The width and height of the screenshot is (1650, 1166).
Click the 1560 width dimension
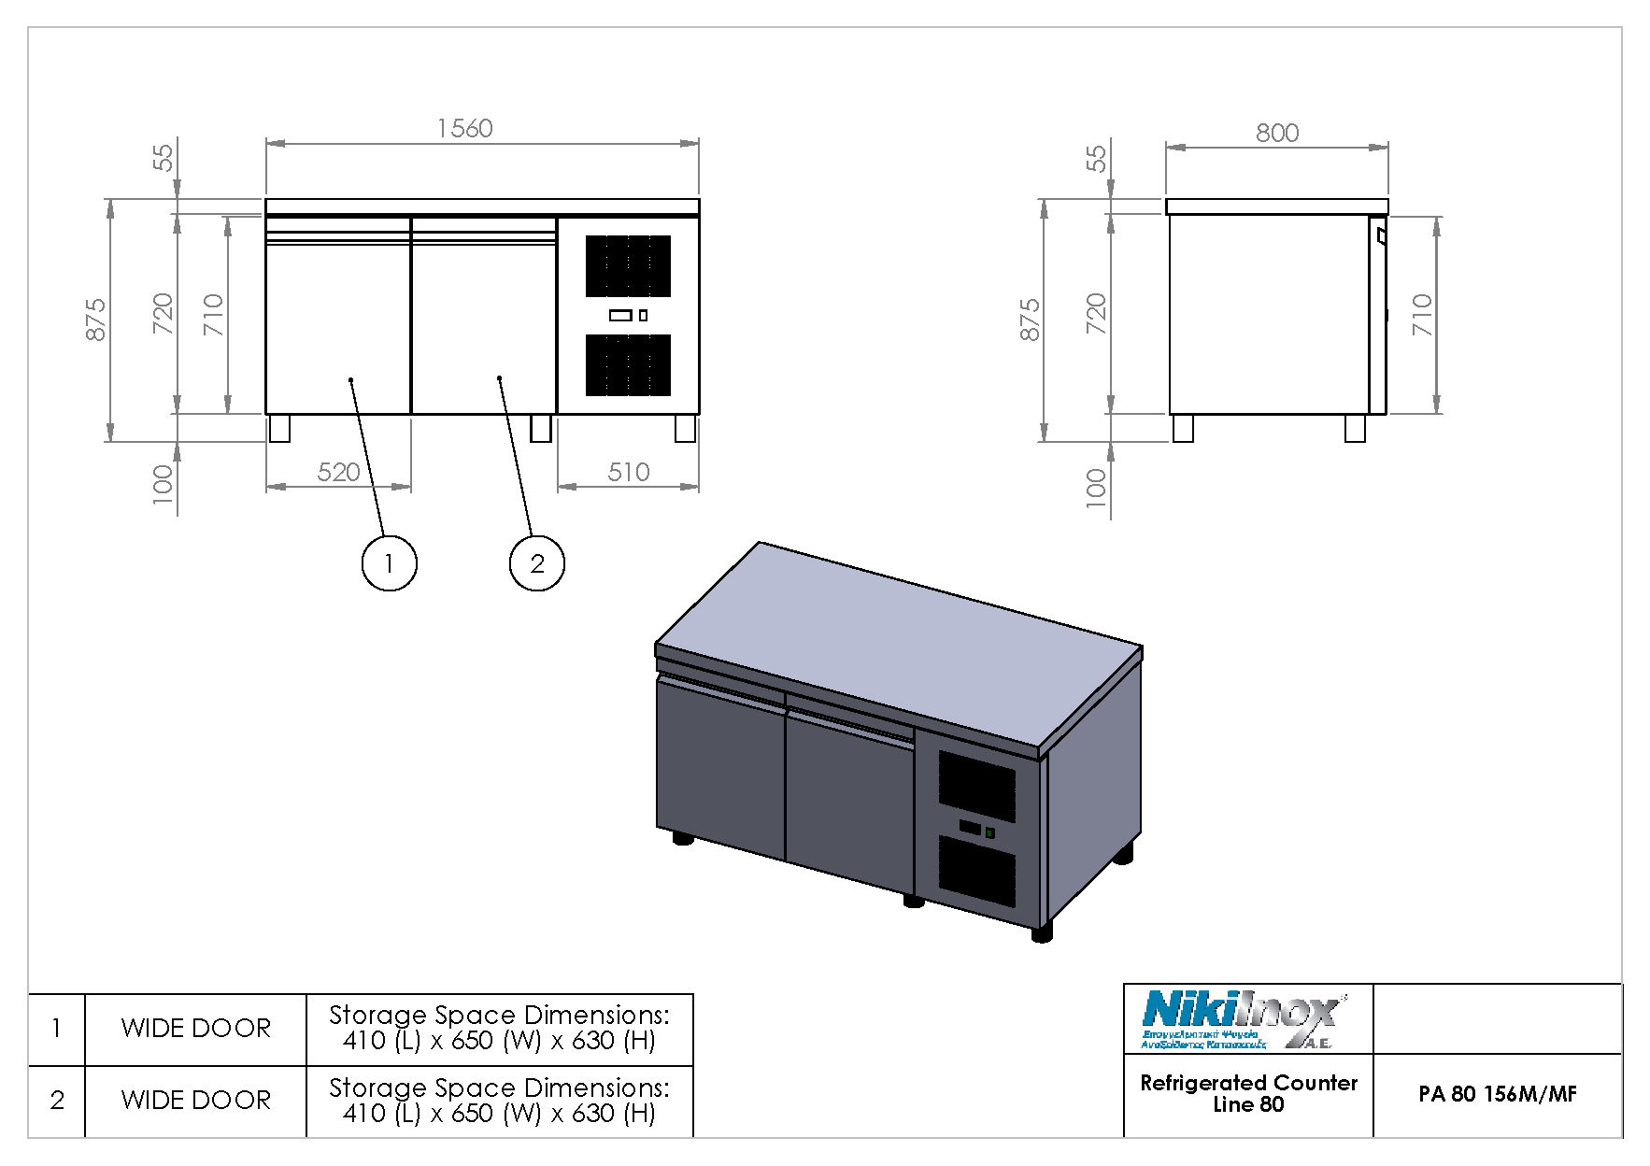click(464, 128)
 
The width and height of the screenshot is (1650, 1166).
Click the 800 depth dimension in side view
click(1276, 133)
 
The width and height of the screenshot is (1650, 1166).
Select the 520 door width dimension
click(338, 472)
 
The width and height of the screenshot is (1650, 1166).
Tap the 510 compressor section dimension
click(628, 472)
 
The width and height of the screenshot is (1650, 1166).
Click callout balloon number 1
click(389, 563)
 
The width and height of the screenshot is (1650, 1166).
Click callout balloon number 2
click(537, 563)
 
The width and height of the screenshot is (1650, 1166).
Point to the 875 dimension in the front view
click(95, 320)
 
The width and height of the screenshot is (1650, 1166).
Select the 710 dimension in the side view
click(1421, 315)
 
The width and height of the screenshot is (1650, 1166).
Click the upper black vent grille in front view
click(628, 266)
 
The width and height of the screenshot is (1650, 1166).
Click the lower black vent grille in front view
click(628, 364)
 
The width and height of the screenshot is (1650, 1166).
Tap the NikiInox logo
click(1243, 1019)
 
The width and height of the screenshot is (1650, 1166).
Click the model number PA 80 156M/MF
click(1497, 1094)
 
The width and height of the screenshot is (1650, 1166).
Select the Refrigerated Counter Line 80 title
click(1248, 1093)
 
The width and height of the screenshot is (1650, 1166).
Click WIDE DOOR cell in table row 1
click(195, 1029)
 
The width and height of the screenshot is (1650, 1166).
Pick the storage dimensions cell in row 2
click(499, 1101)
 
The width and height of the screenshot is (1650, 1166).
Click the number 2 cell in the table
click(57, 1101)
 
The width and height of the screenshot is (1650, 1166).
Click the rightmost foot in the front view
click(685, 429)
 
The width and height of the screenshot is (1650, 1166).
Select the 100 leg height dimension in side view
click(1095, 487)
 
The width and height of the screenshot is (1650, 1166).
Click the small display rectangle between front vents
click(620, 316)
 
